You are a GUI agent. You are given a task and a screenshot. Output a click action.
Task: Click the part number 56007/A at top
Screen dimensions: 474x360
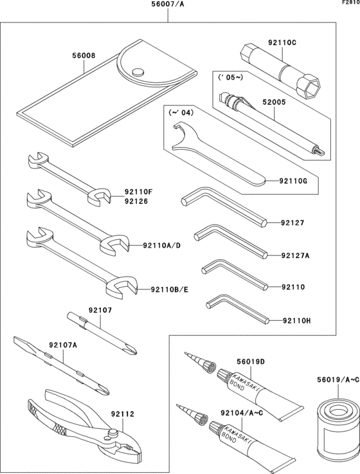point(169,5)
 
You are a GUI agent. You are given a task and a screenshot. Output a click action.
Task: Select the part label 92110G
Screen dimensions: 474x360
point(294,182)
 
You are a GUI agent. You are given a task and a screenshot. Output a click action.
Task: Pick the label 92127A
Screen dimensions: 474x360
point(296,255)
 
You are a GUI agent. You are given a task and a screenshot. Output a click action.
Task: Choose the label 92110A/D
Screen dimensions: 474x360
point(163,245)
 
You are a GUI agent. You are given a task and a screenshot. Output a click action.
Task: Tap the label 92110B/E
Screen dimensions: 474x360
point(171,289)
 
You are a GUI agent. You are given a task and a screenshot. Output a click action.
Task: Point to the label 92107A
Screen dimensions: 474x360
point(63,345)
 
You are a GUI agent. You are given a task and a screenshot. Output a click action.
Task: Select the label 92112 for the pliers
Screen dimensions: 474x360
point(122,415)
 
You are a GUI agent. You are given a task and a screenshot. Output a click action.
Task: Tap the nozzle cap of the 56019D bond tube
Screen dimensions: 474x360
point(207,368)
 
